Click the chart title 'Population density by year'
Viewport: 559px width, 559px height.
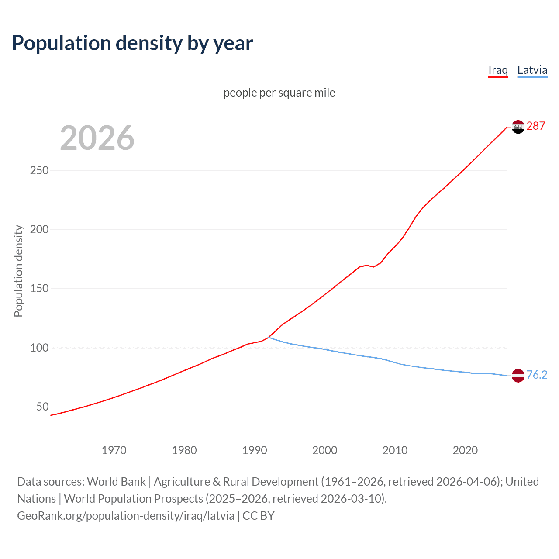(x=132, y=43)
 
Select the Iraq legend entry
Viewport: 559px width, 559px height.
(x=498, y=70)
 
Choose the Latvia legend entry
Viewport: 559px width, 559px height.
(x=532, y=70)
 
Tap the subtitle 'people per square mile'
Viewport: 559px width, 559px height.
(x=279, y=93)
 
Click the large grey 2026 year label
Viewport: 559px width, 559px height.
(x=97, y=138)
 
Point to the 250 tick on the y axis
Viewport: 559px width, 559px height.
(x=39, y=170)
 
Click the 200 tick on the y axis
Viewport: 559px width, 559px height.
(x=39, y=229)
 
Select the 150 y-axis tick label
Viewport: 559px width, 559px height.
(x=39, y=289)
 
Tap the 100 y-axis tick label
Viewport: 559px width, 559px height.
(x=39, y=348)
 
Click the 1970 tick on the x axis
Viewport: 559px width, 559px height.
(x=114, y=450)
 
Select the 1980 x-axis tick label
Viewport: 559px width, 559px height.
(x=184, y=450)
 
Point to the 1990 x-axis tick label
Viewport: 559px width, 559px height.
(x=255, y=450)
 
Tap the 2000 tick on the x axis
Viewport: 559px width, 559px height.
(x=325, y=450)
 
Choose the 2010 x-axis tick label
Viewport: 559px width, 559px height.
(x=395, y=450)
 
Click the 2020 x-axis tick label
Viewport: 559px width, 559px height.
(x=466, y=450)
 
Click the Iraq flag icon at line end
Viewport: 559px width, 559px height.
(x=518, y=127)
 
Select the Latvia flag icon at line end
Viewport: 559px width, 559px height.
(x=518, y=376)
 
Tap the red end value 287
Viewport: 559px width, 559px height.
(x=536, y=126)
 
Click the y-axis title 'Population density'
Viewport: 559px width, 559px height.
(x=18, y=271)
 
